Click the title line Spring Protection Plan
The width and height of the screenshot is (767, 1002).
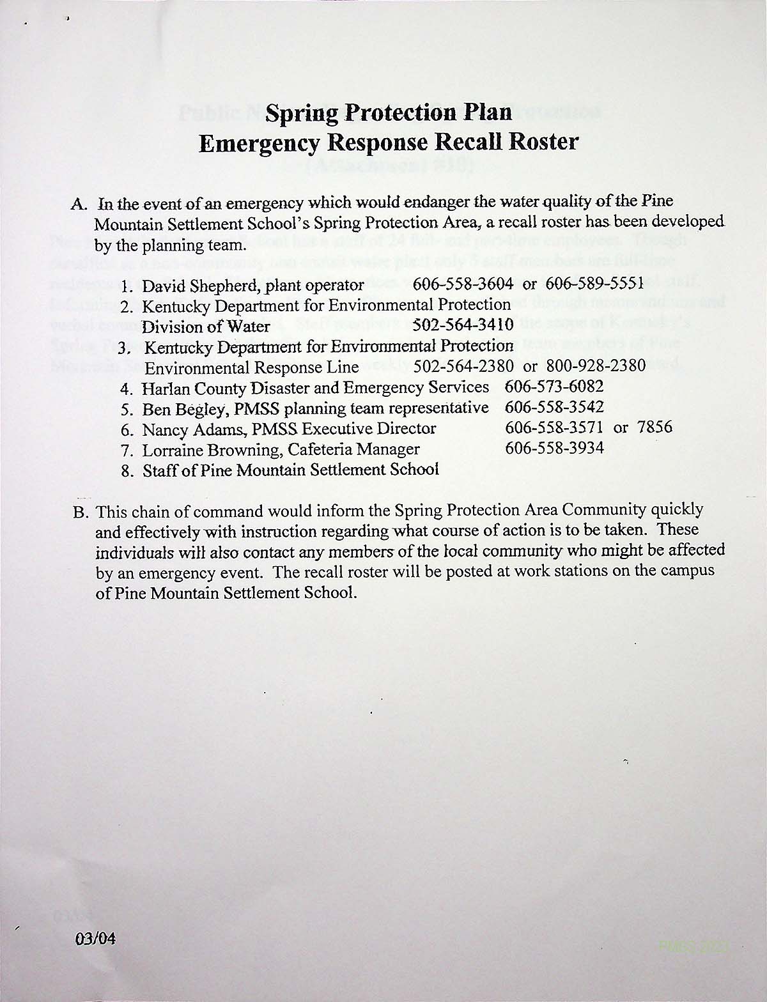coord(389,112)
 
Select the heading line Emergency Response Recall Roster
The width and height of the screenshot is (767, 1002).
coord(389,142)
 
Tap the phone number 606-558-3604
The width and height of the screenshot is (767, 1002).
coord(463,283)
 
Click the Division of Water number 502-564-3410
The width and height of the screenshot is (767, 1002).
coord(464,325)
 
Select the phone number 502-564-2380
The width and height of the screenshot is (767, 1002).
coord(464,367)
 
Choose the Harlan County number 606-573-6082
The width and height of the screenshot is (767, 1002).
coord(554,387)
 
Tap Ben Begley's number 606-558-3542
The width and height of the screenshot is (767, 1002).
coord(554,407)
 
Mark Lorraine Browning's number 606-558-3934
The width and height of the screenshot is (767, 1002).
coord(554,448)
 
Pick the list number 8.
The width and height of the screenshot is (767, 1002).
coord(127,471)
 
